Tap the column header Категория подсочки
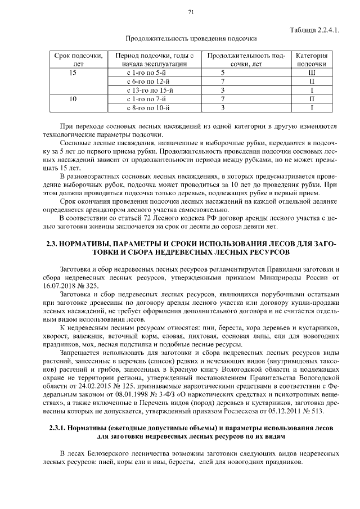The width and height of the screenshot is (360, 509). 311,60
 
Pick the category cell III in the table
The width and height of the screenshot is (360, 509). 311,73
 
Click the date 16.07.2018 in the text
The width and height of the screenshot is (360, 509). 60,285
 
